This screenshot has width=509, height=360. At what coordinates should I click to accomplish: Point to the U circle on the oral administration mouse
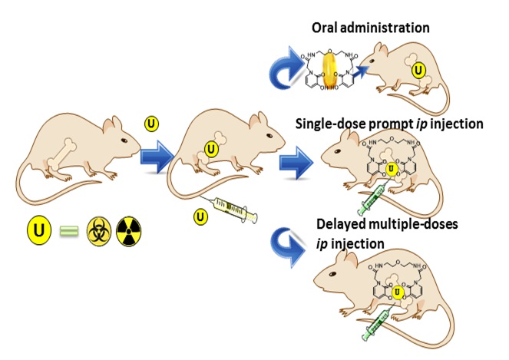point(418,71)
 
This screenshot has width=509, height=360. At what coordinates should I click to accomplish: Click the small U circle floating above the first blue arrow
point(152,124)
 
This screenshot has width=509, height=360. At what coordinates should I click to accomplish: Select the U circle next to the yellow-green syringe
point(200,217)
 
